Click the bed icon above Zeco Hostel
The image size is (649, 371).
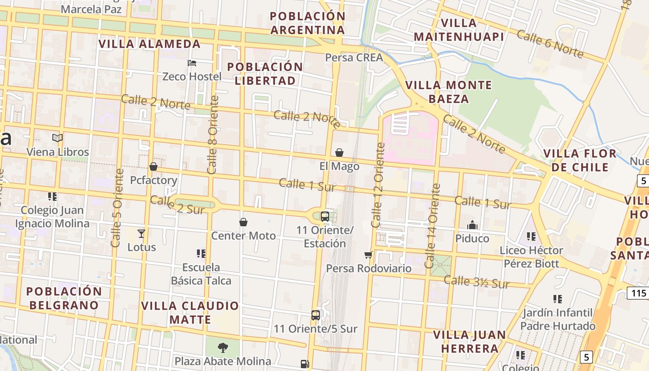pyautogui.click(x=192, y=63)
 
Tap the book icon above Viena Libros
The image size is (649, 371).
pyautogui.click(x=57, y=138)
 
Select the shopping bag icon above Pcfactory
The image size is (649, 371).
pyautogui.click(x=153, y=166)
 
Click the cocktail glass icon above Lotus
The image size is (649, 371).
pyautogui.click(x=141, y=233)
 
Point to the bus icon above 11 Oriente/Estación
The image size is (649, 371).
pyautogui.click(x=325, y=216)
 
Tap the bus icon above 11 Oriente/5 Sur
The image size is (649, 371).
pyautogui.click(x=316, y=315)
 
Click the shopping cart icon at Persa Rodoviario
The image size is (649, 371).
pyautogui.click(x=369, y=255)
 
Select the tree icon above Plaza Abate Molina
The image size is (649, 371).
pyautogui.click(x=223, y=347)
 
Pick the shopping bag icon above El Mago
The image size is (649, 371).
pyautogui.click(x=339, y=153)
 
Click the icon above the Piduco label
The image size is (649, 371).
pyautogui.click(x=472, y=225)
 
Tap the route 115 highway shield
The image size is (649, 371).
pyautogui.click(x=638, y=293)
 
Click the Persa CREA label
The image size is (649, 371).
pyautogui.click(x=354, y=58)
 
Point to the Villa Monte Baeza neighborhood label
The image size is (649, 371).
pyautogui.click(x=448, y=92)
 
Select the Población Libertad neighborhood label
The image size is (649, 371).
pyautogui.click(x=265, y=73)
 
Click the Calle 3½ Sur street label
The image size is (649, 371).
pyautogui.click(x=477, y=281)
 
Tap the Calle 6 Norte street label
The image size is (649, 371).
pyautogui.click(x=550, y=44)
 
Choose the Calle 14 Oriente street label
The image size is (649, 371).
pyautogui.click(x=432, y=226)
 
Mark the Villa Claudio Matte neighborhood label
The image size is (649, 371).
pyautogui.click(x=190, y=313)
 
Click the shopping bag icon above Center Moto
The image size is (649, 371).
pyautogui.click(x=243, y=223)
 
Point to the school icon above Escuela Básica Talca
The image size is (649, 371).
pyautogui.click(x=201, y=254)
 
